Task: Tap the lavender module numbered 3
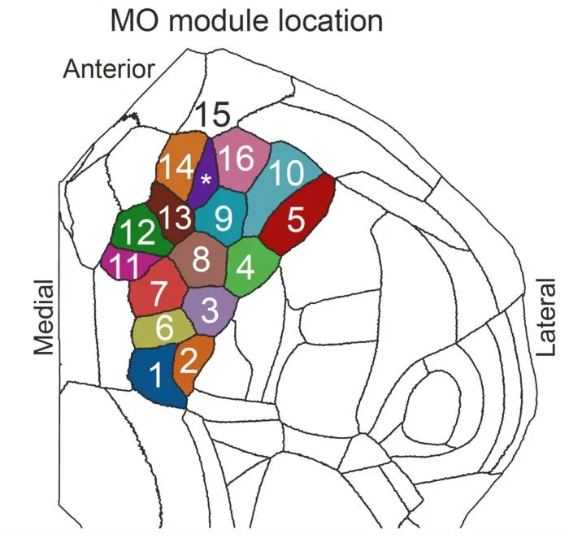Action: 211,311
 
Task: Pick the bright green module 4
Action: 251,267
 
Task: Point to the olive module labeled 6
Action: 163,328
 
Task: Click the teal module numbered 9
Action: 222,217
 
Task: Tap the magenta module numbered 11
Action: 125,263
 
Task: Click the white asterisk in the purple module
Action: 206,180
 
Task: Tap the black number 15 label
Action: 213,114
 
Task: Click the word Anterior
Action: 109,69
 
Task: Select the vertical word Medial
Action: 44,318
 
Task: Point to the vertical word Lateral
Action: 546,317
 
